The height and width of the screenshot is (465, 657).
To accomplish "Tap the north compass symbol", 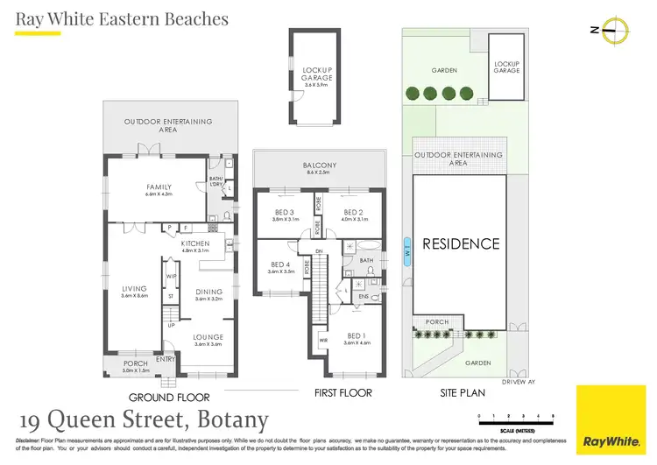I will [x=620, y=30].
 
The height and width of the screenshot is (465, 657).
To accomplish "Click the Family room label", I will [x=159, y=187].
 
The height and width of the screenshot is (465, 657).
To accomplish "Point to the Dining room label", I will [x=209, y=292].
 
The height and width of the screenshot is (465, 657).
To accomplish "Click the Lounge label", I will [x=208, y=337].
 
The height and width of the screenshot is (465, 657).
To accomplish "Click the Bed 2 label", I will [x=353, y=213].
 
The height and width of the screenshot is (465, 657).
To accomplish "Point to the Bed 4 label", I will [x=279, y=265].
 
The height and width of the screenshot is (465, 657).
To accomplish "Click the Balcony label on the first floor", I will [x=320, y=166].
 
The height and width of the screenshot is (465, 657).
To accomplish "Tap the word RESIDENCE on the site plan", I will [x=461, y=244].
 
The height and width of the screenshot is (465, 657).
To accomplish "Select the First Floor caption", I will [x=343, y=393].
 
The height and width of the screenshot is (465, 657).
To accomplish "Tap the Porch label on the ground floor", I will [x=136, y=363].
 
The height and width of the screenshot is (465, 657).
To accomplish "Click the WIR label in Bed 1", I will [x=323, y=341].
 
